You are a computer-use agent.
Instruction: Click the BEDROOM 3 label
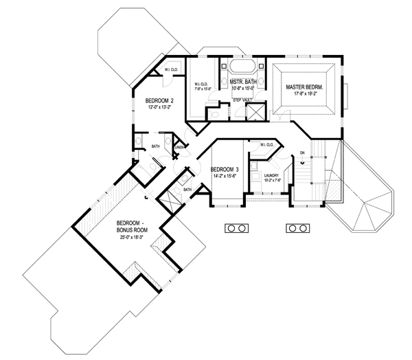tap(225, 169)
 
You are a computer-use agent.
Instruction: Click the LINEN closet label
tap(180, 147)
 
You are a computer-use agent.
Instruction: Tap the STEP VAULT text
tap(242, 100)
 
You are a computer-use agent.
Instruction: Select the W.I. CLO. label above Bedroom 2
tap(172, 69)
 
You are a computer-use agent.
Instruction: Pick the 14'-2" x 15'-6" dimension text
tap(225, 177)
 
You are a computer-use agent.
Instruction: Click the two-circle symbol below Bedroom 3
tap(237, 227)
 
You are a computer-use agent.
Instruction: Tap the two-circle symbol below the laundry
tap(297, 227)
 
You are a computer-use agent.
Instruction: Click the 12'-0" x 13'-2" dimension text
tap(159, 107)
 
